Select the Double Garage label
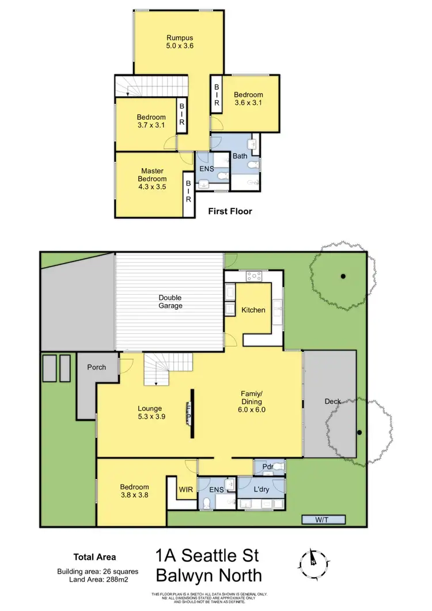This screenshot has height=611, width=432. pyautogui.click(x=170, y=301)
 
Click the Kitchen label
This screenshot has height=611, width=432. pyautogui.click(x=253, y=310)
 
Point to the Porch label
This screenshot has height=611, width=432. pyautogui.click(x=96, y=367)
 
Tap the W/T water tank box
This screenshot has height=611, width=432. pyautogui.click(x=323, y=519)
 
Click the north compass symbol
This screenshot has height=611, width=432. pyautogui.click(x=312, y=558)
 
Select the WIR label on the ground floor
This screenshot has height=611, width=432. pyautogui.click(x=185, y=489)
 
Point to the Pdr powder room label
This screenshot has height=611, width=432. pyautogui.click(x=267, y=466)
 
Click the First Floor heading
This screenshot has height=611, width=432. pyautogui.click(x=230, y=211)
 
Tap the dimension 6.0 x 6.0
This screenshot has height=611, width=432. pyautogui.click(x=251, y=410)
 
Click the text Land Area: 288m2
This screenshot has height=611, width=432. pyautogui.click(x=94, y=579)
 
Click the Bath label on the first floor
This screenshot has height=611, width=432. pyautogui.click(x=240, y=155)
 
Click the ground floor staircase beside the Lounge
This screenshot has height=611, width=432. pyautogui.click(x=156, y=370)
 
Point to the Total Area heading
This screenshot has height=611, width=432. pyautogui.click(x=94, y=557)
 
